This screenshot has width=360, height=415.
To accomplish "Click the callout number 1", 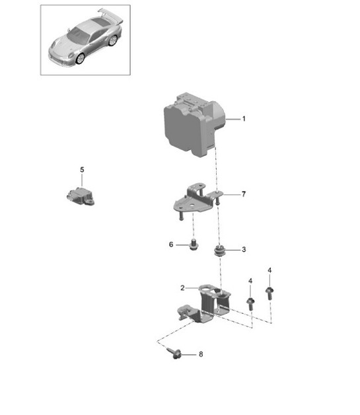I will tap(244, 119).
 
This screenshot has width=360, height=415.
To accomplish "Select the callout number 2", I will tap(182, 287).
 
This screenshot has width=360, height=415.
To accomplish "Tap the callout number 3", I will tap(244, 250).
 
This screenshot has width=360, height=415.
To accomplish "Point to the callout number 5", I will tap(83, 170).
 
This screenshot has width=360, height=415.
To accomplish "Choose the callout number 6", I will tap(170, 245).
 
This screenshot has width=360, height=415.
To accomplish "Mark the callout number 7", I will tap(243, 194).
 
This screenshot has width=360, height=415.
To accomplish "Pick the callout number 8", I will tap(201, 354).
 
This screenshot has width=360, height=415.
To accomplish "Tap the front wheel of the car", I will tap(81, 57).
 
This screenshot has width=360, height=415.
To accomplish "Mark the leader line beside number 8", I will tap(189, 355).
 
